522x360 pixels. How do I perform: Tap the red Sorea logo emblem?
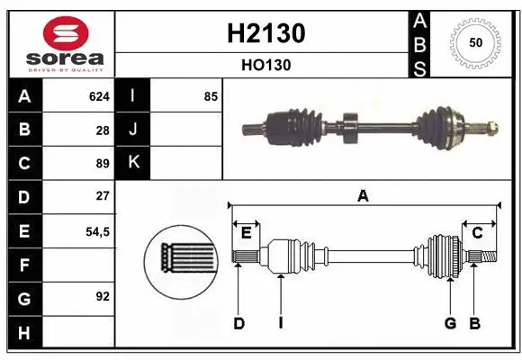[x=65, y=33]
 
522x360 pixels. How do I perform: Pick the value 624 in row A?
[x=98, y=96]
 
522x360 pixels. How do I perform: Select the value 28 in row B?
[x=102, y=130]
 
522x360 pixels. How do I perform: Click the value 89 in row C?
[x=102, y=164]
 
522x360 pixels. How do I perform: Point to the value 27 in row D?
[x=102, y=196]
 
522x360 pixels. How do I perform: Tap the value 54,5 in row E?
[x=97, y=231]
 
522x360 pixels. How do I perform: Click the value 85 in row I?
[x=210, y=96]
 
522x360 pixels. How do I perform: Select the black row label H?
[x=24, y=332]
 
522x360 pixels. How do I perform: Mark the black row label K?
[x=133, y=163]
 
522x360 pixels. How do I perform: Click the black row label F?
[x=24, y=265]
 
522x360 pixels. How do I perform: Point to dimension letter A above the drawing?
[x=363, y=195]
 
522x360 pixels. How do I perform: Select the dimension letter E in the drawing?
[x=246, y=233]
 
